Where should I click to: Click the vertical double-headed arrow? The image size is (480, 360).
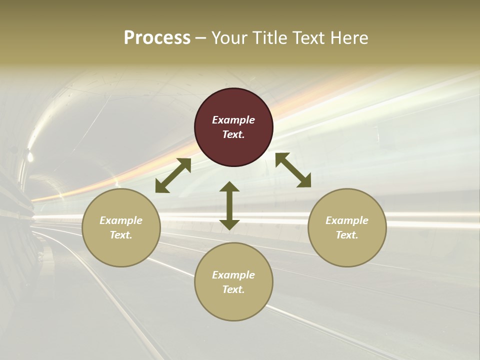[229, 205]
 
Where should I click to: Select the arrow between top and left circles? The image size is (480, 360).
[173, 175]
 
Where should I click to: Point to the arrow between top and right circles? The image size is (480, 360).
[293, 170]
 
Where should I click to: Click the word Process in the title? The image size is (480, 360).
[157, 37]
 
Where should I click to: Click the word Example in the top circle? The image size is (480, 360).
[233, 120]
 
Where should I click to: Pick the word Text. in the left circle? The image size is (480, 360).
[121, 235]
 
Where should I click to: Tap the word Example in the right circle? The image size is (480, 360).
[347, 220]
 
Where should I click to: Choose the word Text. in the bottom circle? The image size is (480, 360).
[233, 289]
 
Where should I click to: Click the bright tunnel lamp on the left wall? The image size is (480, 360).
[29, 156]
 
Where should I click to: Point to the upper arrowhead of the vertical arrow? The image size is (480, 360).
[229, 187]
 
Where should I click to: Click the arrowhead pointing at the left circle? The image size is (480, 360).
[161, 186]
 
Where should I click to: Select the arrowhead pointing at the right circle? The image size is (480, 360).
[304, 181]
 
